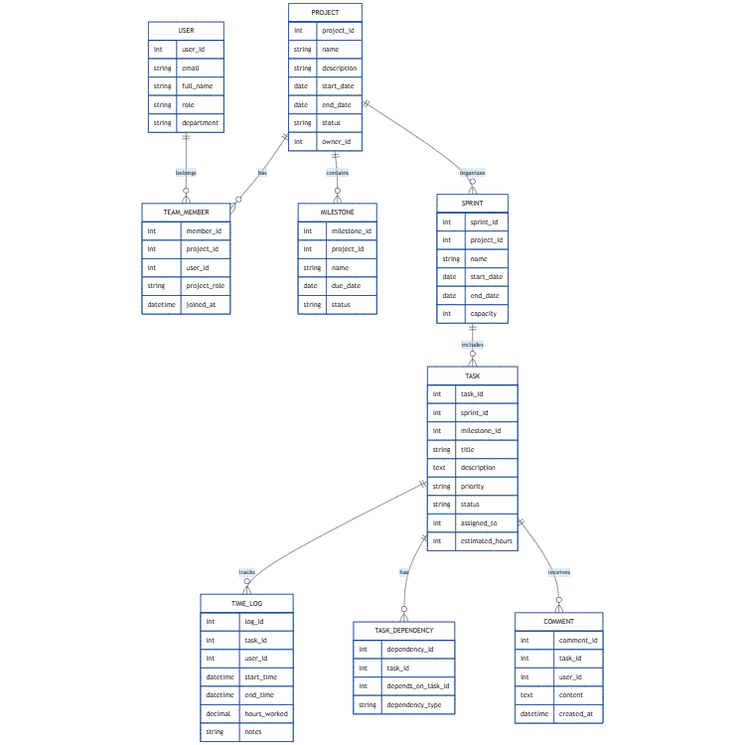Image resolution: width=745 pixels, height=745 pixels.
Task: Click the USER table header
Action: tap(186, 31)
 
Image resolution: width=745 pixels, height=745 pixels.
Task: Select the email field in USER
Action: tap(190, 68)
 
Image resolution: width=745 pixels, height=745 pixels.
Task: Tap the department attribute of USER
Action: tap(200, 123)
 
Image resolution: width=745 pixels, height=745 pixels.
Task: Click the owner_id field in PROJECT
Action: tap(337, 142)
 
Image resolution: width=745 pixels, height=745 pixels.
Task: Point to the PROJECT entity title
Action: tap(325, 12)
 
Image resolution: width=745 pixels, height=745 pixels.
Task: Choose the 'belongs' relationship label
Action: tap(186, 173)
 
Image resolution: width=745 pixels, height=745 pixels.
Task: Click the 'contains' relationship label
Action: tap(338, 173)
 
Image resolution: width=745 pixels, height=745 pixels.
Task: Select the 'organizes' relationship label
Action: tap(472, 173)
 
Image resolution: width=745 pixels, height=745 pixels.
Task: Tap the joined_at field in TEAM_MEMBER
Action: tap(201, 305)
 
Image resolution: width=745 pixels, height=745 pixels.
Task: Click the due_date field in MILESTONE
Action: tap(347, 286)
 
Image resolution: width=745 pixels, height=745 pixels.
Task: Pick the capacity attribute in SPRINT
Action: tap(484, 314)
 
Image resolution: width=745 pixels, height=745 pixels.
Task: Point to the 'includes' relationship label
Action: tap(472, 345)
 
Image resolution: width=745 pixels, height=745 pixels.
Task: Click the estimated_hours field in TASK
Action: tap(486, 541)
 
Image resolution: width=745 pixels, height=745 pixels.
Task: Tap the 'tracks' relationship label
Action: tap(246, 572)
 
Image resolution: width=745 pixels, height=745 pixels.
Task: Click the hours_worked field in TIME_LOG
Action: tap(266, 713)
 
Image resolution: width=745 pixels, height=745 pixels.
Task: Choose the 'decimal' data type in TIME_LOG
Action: tap(218, 713)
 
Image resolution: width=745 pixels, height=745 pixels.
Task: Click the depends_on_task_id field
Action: tap(418, 686)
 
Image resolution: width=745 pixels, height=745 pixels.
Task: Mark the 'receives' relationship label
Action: tap(559, 572)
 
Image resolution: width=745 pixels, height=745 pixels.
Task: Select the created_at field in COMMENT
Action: tap(577, 714)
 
